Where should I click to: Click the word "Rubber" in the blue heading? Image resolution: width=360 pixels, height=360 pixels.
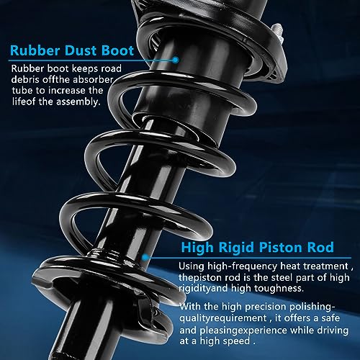point(35,50)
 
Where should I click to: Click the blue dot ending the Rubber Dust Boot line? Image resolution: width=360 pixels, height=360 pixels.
point(176,60)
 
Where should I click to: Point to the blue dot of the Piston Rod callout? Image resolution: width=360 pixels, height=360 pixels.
point(145,258)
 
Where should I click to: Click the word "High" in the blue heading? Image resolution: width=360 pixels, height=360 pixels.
point(197,248)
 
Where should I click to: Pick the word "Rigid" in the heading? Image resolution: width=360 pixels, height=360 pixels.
point(236,248)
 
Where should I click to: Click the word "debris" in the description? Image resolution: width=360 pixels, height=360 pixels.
point(25,80)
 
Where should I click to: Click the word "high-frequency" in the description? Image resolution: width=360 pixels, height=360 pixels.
point(242,266)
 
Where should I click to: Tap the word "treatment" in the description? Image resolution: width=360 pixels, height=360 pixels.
point(325,266)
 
